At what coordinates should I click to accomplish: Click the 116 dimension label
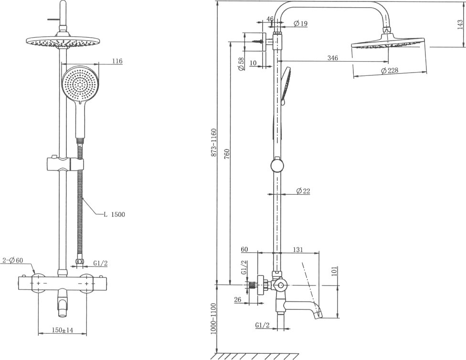117,61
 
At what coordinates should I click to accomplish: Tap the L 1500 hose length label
115,214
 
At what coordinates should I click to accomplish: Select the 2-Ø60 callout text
12,260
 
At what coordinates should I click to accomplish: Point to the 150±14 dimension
63,330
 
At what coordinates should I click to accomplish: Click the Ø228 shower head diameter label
389,71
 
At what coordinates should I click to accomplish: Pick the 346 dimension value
333,58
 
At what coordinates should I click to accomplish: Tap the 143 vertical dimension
460,24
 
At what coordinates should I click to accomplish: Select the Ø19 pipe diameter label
300,23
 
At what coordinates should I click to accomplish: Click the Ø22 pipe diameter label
303,191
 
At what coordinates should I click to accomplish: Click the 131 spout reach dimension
298,250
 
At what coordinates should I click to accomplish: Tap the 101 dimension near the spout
334,271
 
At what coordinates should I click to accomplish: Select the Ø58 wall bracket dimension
241,64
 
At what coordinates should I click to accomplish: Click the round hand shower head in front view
80,85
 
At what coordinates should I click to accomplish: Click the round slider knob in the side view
277,166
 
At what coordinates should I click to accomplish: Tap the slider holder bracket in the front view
65,164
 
